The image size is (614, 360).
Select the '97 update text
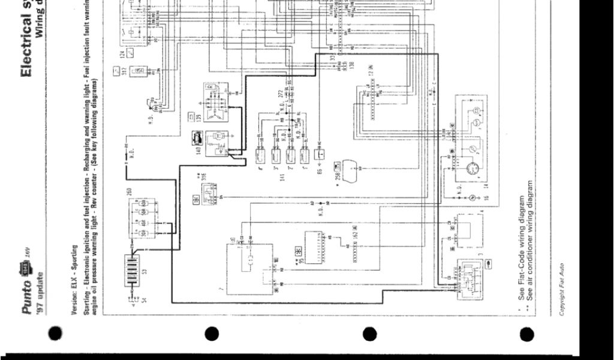pos(40,287)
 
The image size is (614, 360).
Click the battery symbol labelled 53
pos(133,265)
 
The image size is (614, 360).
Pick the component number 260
pos(129,193)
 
